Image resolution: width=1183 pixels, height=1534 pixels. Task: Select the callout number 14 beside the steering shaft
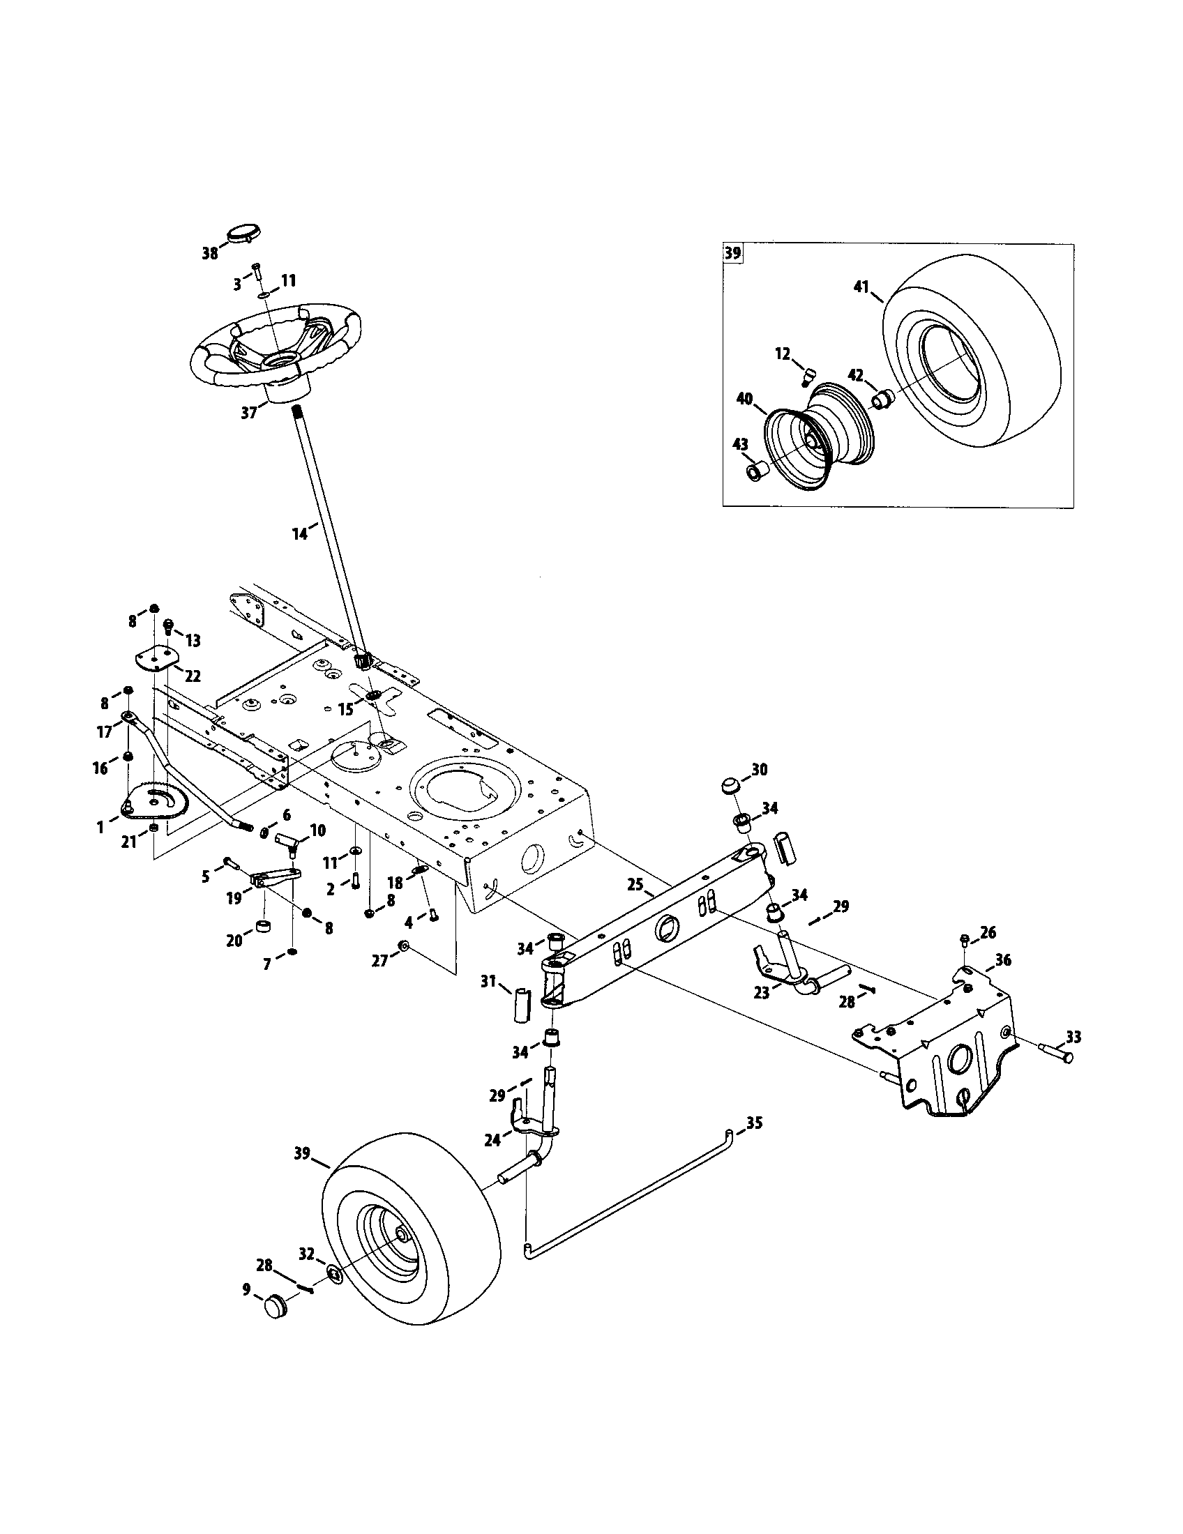coord(300,534)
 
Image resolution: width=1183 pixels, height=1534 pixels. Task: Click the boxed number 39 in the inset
coord(732,253)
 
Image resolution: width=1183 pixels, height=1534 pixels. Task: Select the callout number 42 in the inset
coord(855,376)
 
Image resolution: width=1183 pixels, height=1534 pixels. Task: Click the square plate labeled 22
coord(156,659)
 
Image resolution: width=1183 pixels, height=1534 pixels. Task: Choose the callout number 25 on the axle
coord(635,885)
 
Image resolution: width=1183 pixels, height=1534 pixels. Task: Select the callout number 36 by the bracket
coord(1003,959)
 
